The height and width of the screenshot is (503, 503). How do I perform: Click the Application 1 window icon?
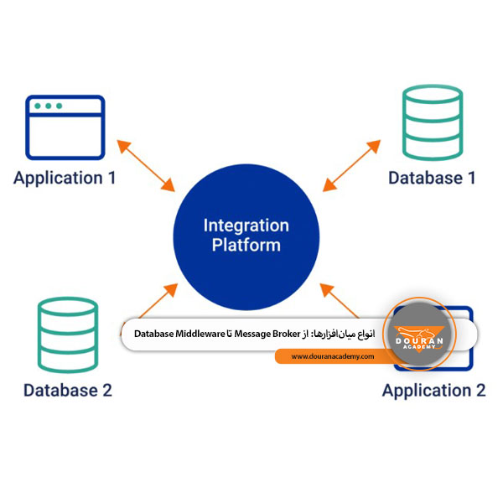click(65, 127)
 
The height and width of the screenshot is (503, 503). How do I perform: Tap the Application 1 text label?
click(65, 178)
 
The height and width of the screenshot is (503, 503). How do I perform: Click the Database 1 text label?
click(433, 178)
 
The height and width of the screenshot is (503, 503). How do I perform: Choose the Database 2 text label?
click(68, 390)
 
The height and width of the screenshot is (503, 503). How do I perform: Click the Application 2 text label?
click(433, 391)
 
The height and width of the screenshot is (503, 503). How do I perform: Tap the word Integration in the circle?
click(246, 226)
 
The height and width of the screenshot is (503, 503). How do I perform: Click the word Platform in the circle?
click(246, 246)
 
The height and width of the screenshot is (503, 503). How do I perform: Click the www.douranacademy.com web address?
click(333, 357)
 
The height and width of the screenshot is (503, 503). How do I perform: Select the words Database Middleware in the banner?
click(179, 334)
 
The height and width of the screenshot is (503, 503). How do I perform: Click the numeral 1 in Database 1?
click(471, 178)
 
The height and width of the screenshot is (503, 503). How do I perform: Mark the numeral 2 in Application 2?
click(480, 391)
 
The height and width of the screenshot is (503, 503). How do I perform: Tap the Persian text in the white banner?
click(339, 334)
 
